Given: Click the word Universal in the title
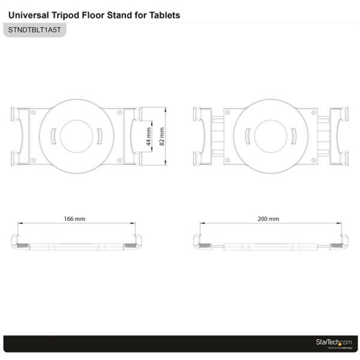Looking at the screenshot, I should tap(26, 15).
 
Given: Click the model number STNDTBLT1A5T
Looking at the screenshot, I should tap(34, 31).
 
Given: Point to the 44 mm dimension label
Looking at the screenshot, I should tap(149, 135).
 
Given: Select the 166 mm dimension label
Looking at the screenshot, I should tap(75, 219).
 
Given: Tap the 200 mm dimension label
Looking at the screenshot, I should tap(269, 219).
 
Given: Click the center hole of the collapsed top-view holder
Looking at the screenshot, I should tap(76, 135).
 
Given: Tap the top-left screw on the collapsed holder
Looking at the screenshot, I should tap(33, 112).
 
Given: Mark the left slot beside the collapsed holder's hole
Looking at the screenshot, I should tap(53, 135).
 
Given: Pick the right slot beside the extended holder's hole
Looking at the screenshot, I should tap(292, 135).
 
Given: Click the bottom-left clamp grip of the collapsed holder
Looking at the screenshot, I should tap(15, 158).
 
